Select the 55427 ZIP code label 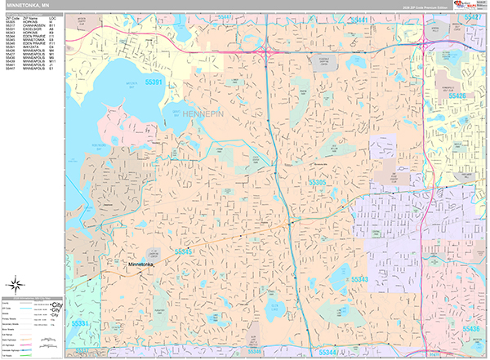click(473, 17)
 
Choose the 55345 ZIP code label click(184, 252)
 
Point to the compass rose click(15, 285)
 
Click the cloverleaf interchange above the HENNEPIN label click(267, 54)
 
